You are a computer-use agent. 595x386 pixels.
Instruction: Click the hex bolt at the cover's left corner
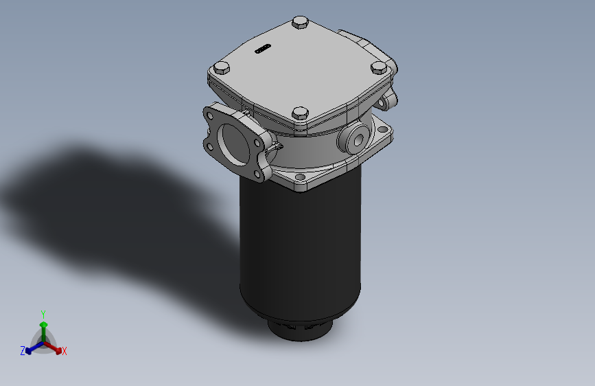click(x=221, y=69)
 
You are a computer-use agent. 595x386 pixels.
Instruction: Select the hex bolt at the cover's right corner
click(x=378, y=68)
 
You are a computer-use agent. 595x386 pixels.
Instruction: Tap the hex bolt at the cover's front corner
click(x=300, y=113)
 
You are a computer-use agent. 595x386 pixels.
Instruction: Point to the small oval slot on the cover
click(x=263, y=49)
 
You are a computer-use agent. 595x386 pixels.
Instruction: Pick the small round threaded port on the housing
click(x=356, y=137)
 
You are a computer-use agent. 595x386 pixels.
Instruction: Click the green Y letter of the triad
click(x=43, y=313)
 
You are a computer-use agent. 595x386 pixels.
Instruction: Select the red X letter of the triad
click(x=65, y=351)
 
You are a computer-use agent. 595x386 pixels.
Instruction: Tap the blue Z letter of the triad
click(x=23, y=351)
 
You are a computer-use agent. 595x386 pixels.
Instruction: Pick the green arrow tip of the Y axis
click(x=43, y=323)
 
